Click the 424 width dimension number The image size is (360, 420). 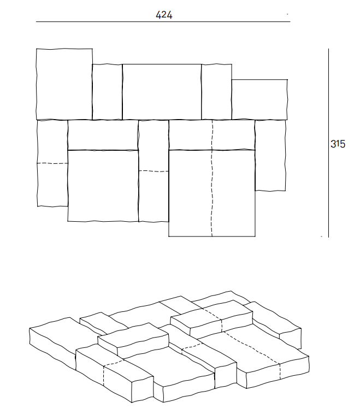click(164, 15)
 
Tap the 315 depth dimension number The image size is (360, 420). click(338, 145)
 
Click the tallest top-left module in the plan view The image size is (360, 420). click(64, 84)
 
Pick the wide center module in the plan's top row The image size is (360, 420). click(162, 91)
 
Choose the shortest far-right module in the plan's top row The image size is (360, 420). click(259, 99)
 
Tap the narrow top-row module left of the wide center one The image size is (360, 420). click(107, 91)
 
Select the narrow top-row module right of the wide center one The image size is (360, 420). click(216, 91)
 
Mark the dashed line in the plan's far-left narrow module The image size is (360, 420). click(52, 163)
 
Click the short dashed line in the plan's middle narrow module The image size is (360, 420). click(154, 171)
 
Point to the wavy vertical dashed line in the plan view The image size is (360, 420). click(211, 180)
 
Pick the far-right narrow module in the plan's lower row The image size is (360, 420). click(270, 155)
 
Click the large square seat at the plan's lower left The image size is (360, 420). click(103, 186)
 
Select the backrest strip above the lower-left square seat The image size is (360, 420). click(103, 134)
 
